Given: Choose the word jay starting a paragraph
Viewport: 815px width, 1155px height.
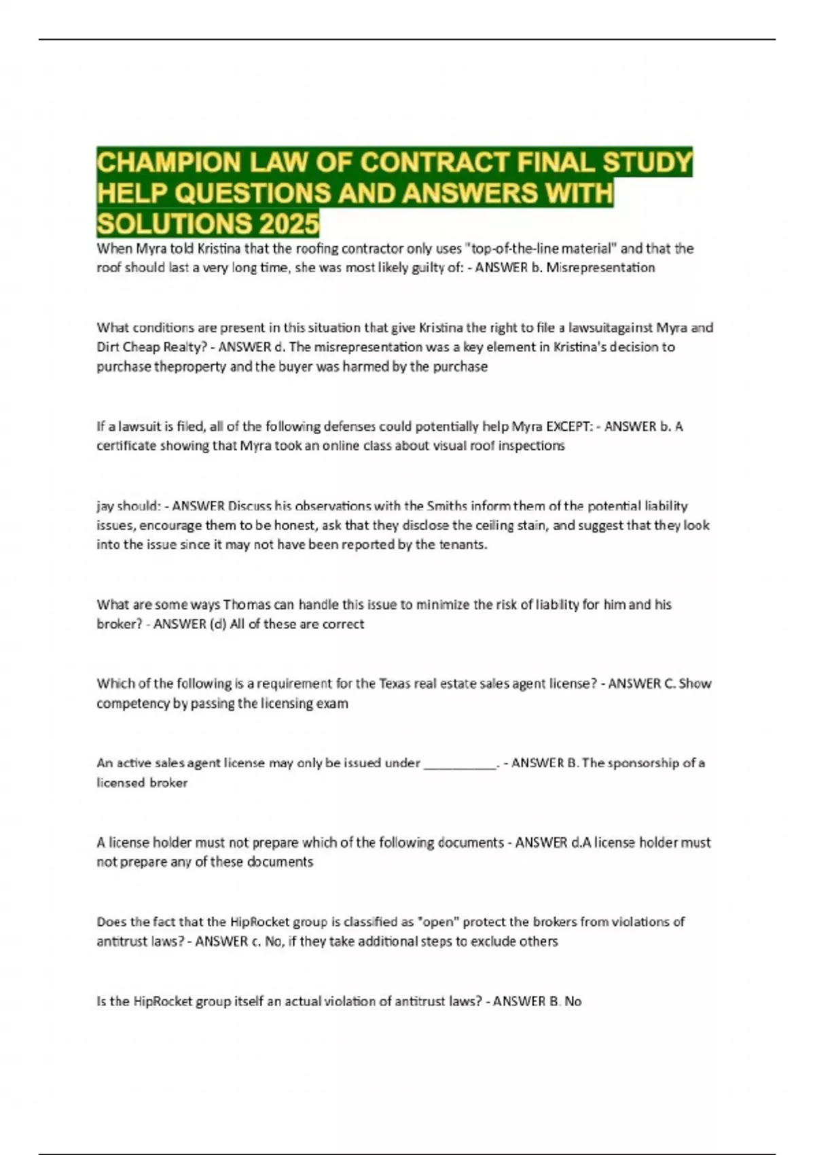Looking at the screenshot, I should point(105,506).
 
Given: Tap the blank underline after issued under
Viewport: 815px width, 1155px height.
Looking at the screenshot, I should point(460,763).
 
